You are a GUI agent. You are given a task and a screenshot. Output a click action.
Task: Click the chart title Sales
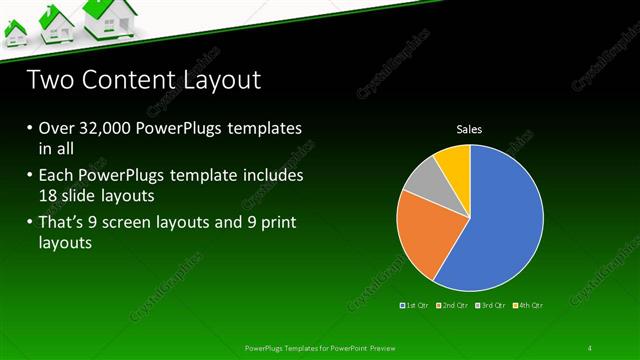pyautogui.click(x=469, y=129)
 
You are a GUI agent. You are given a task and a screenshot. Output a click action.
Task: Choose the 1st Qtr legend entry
pyautogui.click(x=416, y=304)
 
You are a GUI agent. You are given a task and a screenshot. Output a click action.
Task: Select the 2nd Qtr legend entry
pyautogui.click(x=454, y=304)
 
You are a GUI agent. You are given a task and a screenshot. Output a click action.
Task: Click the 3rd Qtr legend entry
pyautogui.click(x=491, y=304)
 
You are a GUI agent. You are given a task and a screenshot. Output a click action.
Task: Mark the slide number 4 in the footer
pyautogui.click(x=590, y=348)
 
